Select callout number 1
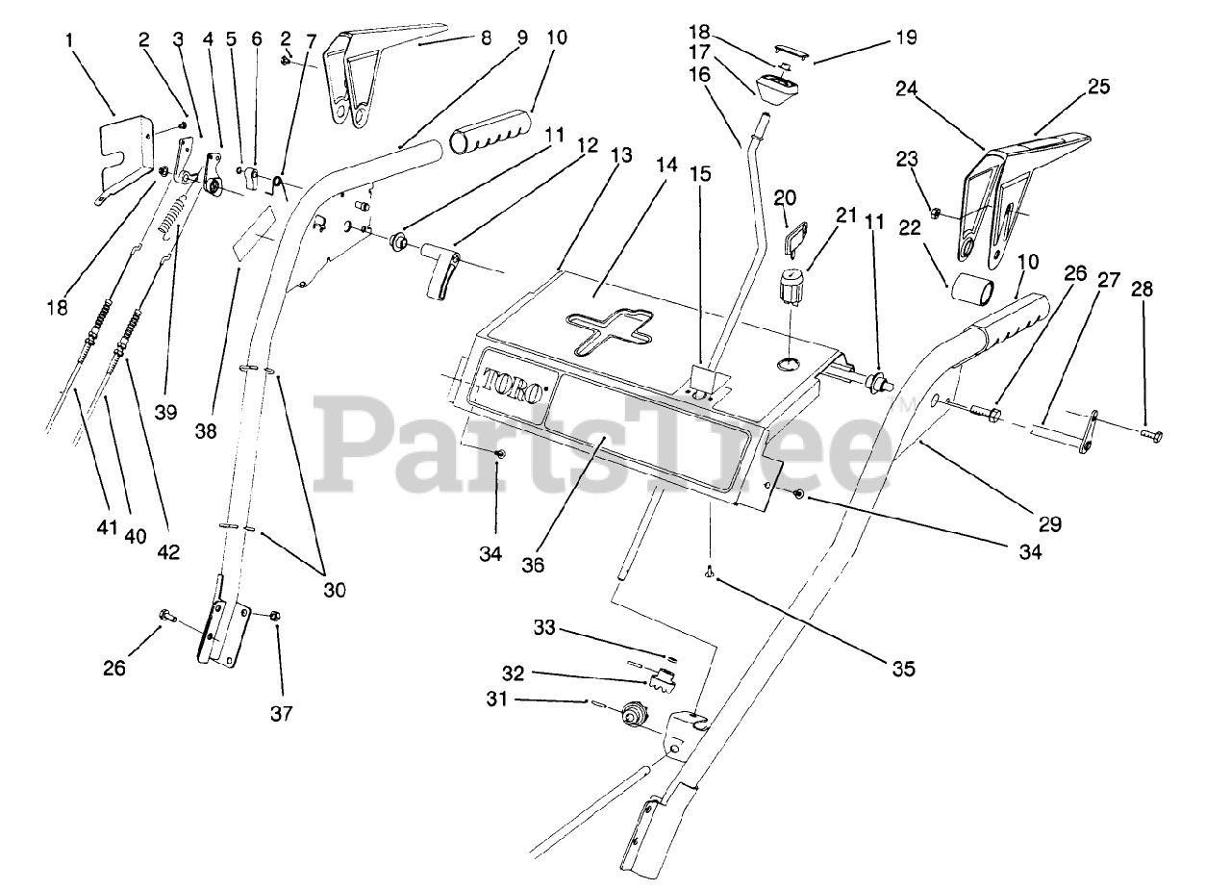pyautogui.click(x=69, y=39)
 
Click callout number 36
pyautogui.click(x=532, y=564)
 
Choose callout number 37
pyautogui.click(x=282, y=713)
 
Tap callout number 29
pyautogui.click(x=1049, y=524)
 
